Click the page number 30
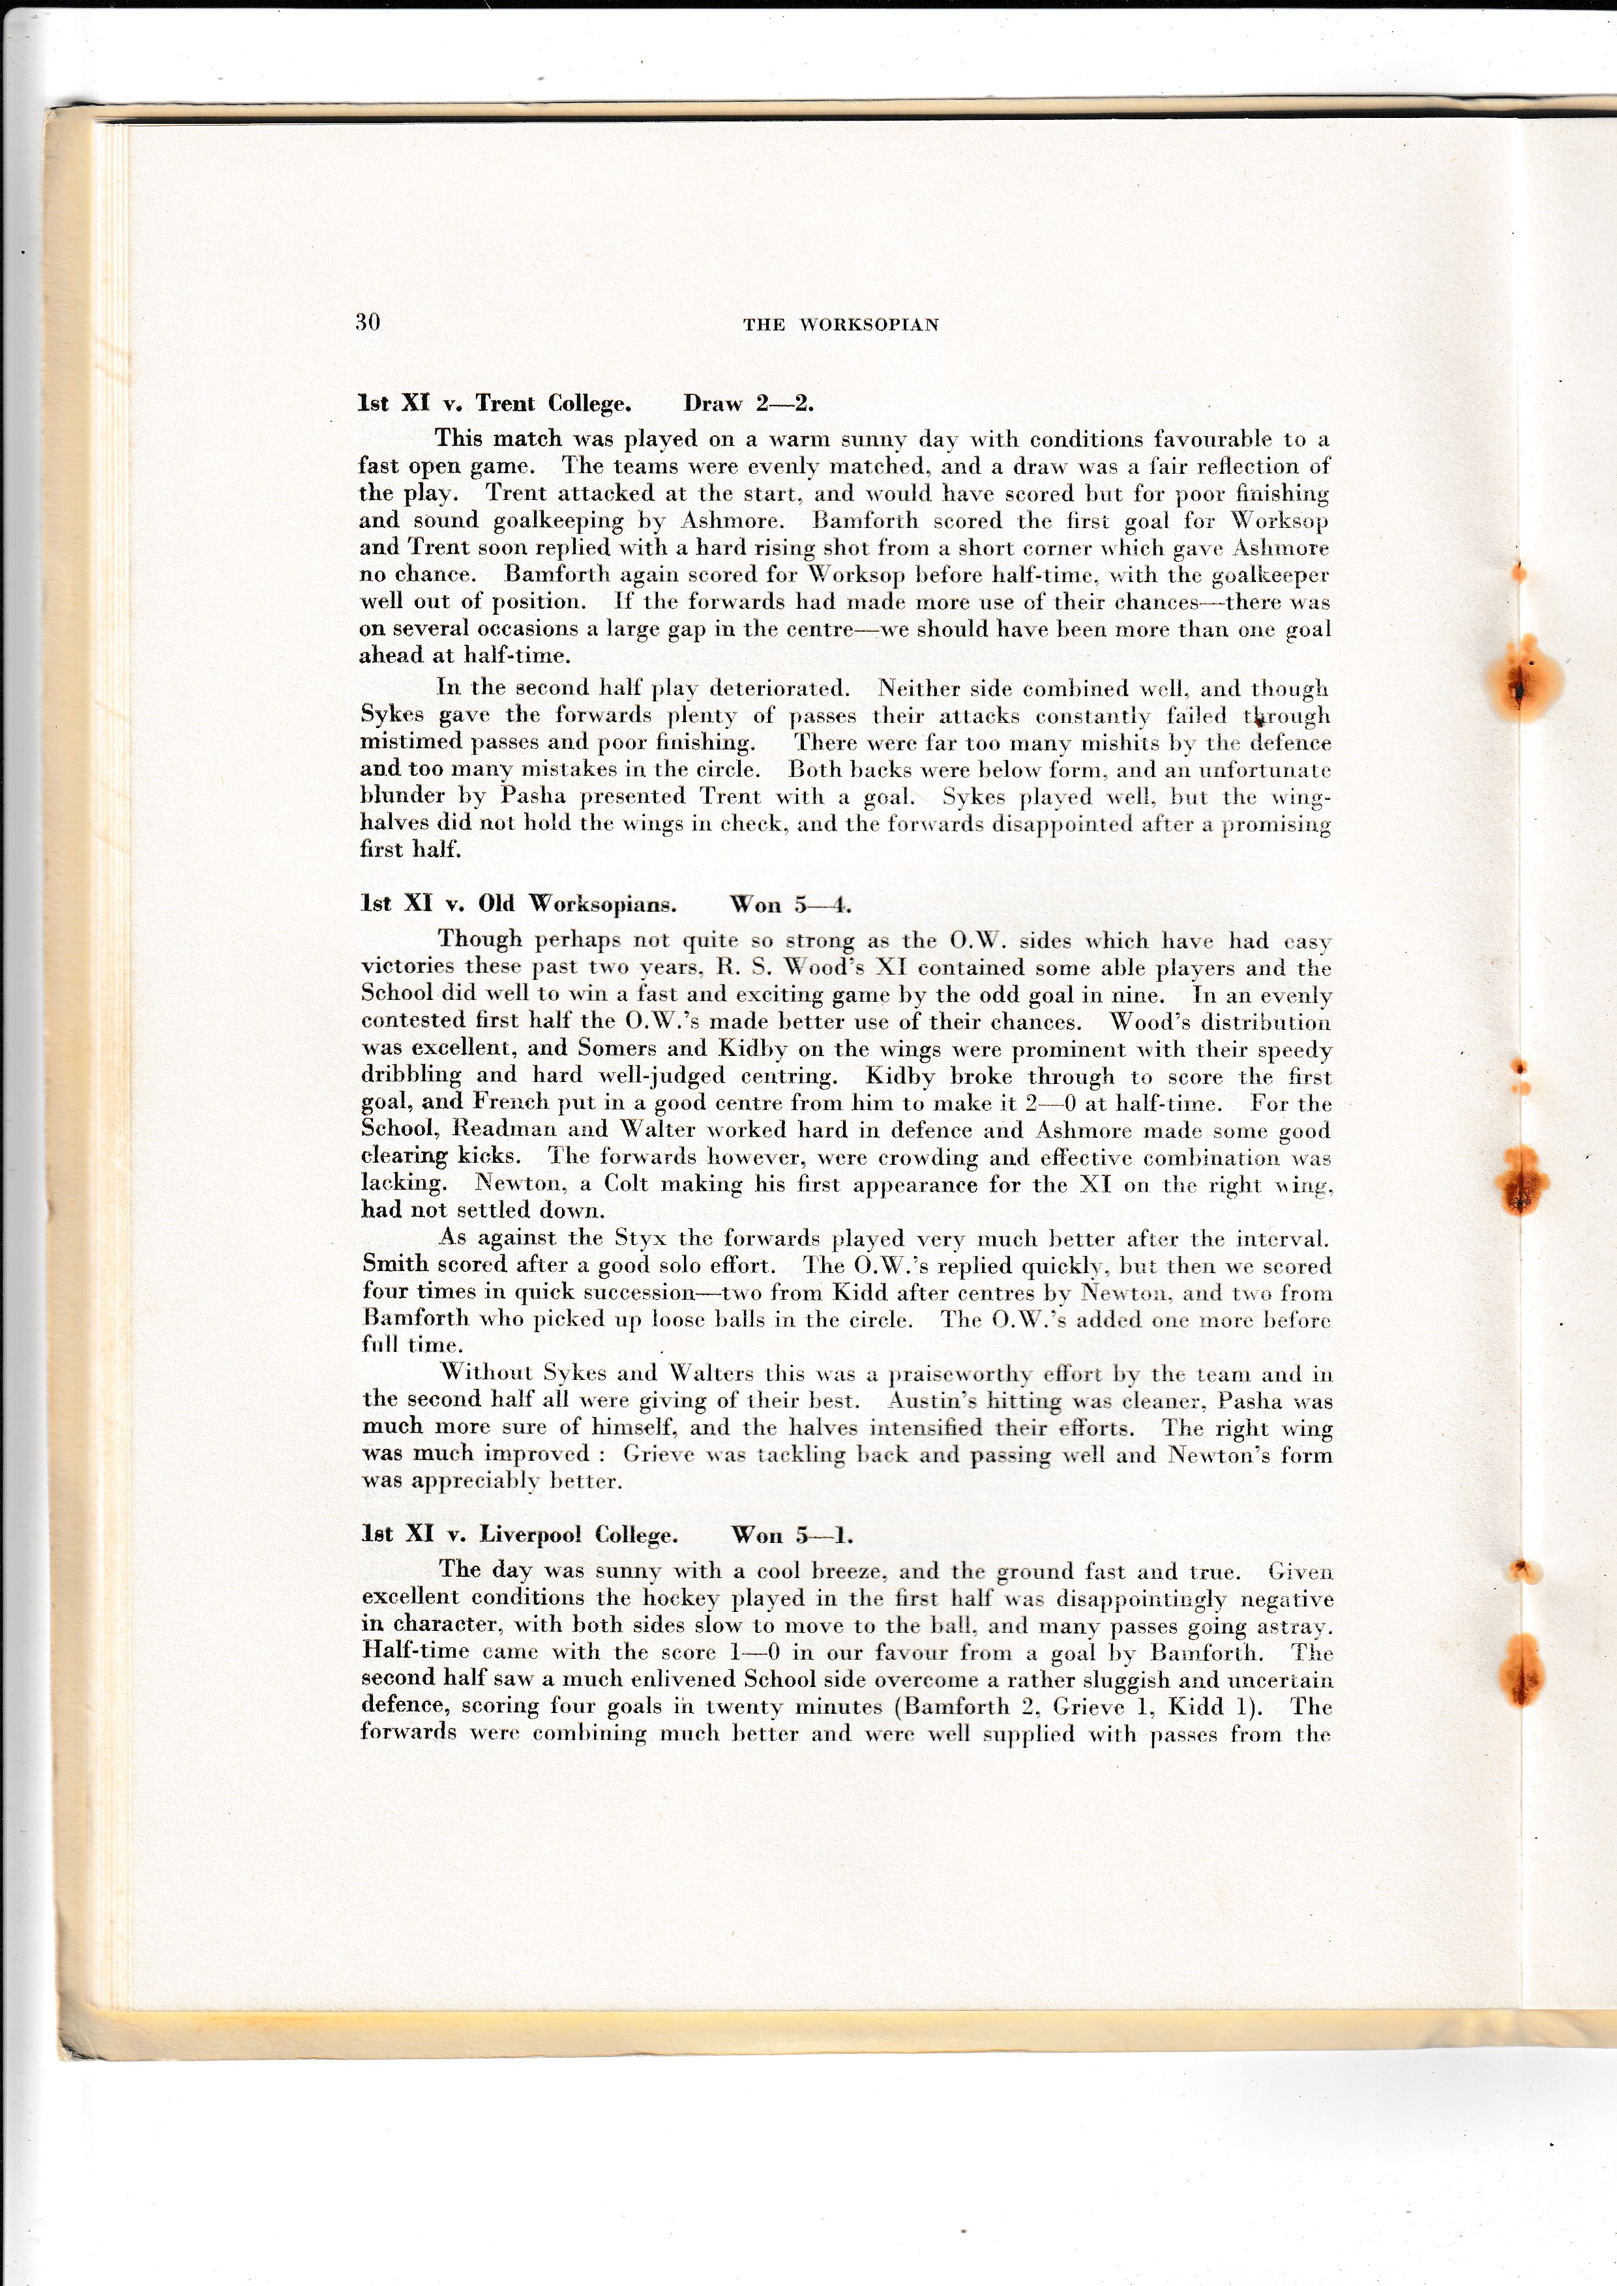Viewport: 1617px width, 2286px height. point(367,321)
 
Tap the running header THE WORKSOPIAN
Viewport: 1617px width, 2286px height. point(840,325)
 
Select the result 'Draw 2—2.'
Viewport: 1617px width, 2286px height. point(748,403)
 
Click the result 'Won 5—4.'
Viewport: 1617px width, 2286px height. point(791,904)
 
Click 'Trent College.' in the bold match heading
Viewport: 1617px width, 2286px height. point(553,403)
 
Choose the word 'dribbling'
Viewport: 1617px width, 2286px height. point(411,1076)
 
